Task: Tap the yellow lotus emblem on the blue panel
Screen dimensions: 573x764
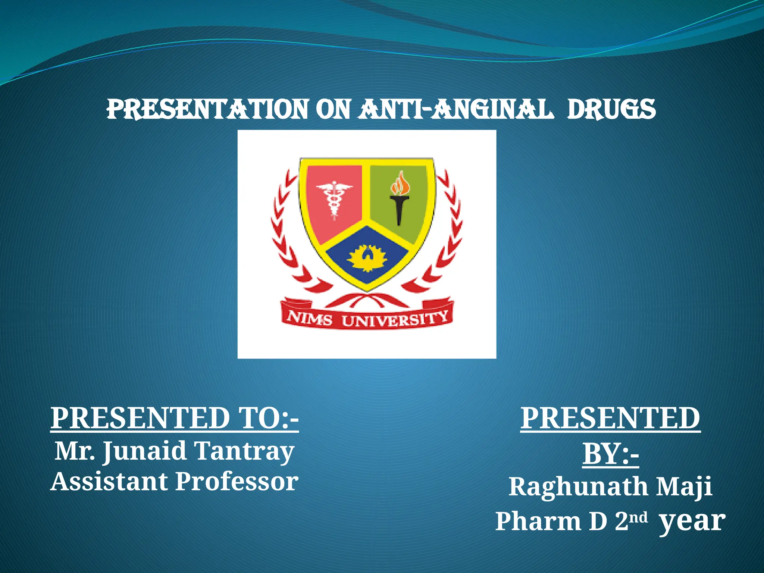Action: coord(367,258)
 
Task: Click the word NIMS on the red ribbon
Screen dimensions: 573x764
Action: coord(310,319)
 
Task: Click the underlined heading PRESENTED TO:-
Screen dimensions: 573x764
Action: coord(175,419)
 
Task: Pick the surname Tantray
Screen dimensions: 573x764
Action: coord(244,451)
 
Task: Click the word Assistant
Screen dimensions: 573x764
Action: coord(108,482)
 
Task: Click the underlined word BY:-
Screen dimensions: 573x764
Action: coord(611,454)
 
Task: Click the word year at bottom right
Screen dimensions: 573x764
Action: coord(692,521)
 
